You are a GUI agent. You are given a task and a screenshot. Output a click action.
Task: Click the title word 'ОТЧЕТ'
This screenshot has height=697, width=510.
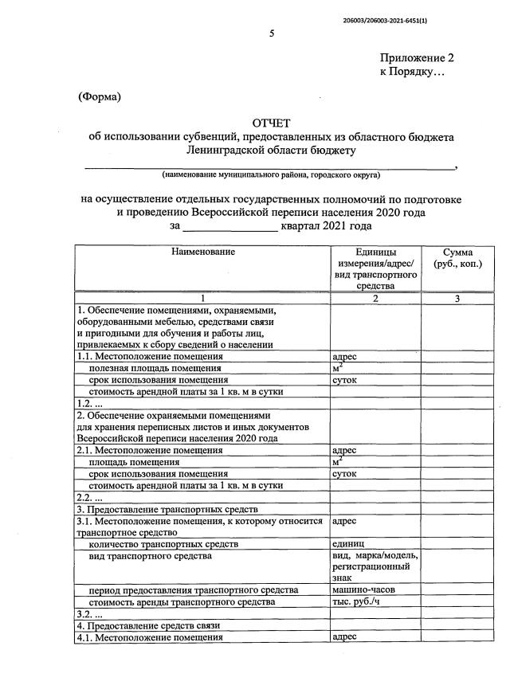coord(272,123)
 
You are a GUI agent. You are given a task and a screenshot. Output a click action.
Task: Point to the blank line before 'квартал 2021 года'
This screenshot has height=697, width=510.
coord(230,227)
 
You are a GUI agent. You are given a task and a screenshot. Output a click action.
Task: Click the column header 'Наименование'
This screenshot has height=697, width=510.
coord(202,252)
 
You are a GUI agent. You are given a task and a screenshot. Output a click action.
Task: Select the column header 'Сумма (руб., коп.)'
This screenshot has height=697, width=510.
coord(457,257)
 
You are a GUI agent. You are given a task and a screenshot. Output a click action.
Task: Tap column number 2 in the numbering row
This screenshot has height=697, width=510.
coord(375,299)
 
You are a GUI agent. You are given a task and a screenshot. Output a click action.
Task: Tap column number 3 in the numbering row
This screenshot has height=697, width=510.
coord(457,299)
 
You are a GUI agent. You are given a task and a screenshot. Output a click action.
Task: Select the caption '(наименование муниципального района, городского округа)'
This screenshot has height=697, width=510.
coord(271,174)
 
